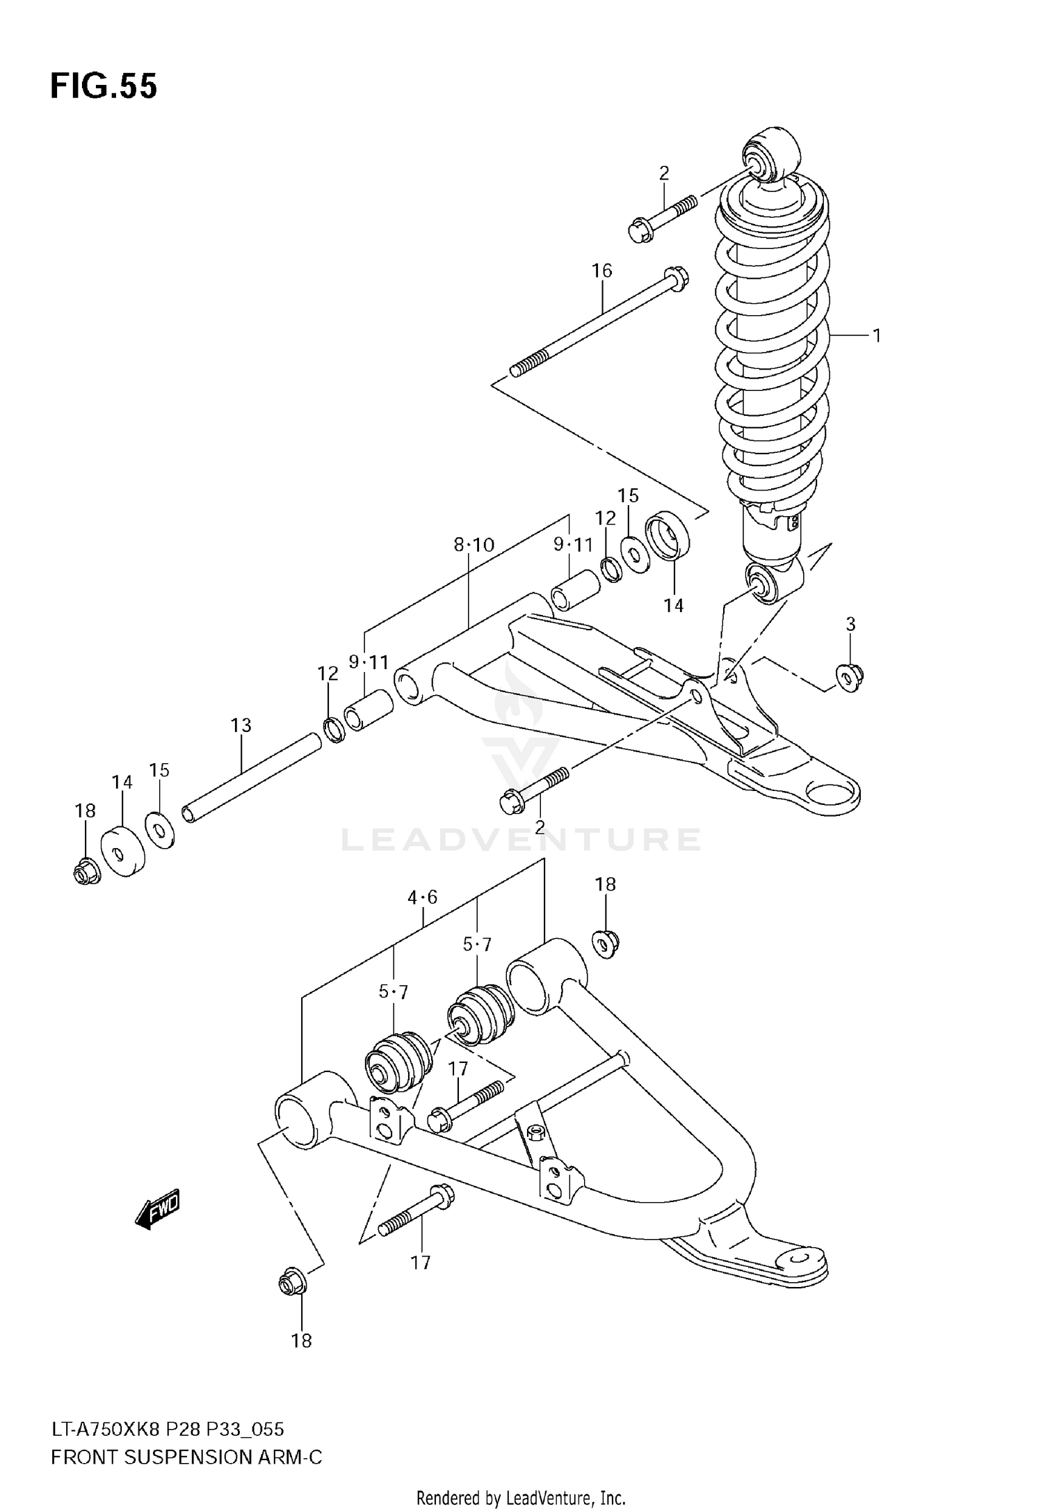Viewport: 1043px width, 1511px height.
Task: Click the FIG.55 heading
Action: [x=104, y=87]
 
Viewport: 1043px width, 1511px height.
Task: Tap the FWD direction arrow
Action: [x=158, y=1208]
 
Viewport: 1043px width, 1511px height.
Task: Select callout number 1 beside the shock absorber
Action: [x=877, y=336]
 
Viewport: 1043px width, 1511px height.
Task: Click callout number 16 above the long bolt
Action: [x=601, y=271]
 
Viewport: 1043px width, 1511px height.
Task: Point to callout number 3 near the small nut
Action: [x=850, y=625]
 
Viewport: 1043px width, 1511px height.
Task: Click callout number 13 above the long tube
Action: [x=241, y=726]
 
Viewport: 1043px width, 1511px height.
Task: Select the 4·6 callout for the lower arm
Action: [x=423, y=898]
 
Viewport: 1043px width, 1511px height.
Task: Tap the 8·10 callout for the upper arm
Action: [x=474, y=545]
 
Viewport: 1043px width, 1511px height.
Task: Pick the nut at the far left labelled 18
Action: [x=86, y=872]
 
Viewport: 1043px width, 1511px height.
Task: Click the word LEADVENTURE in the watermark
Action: [x=520, y=840]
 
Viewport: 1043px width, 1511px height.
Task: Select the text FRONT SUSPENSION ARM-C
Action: [x=186, y=1457]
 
